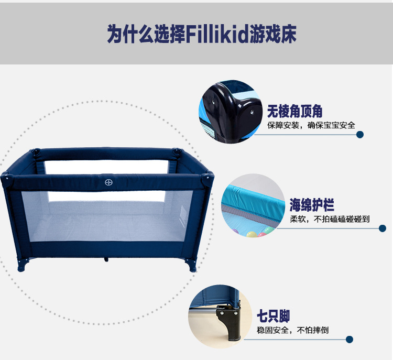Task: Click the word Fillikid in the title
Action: click(x=217, y=34)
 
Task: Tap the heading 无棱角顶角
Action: click(x=294, y=111)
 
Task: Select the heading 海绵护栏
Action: click(x=312, y=205)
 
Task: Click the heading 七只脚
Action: click(x=273, y=316)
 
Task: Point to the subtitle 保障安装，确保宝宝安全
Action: click(x=311, y=125)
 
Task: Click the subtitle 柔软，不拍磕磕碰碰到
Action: click(x=330, y=219)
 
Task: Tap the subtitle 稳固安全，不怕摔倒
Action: click(x=292, y=330)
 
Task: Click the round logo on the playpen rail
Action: click(x=108, y=182)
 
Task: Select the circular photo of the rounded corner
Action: click(x=231, y=112)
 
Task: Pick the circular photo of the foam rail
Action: click(x=253, y=205)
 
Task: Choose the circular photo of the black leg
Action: click(x=220, y=317)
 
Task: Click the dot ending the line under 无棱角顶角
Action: click(x=360, y=135)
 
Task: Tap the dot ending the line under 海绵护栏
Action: click(x=383, y=228)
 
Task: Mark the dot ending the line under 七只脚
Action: click(x=350, y=340)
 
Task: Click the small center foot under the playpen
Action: click(x=106, y=260)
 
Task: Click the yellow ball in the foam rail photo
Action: click(x=252, y=235)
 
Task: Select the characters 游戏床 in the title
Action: click(x=272, y=34)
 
